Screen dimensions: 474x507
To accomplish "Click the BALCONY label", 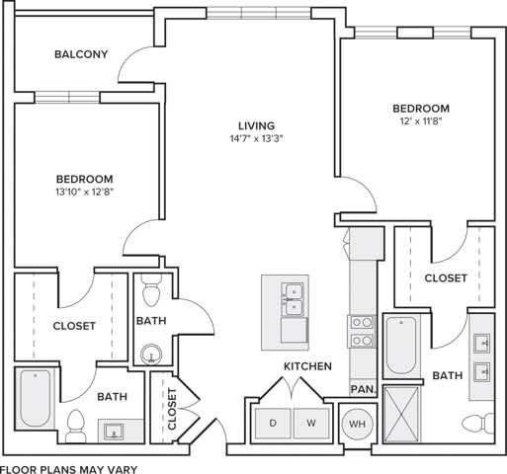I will [81, 55].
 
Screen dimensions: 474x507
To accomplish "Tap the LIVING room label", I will [255, 125].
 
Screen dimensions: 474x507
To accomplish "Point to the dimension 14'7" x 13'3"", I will [255, 139].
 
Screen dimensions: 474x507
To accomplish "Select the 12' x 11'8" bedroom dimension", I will [420, 121].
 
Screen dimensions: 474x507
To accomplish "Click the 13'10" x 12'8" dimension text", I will [84, 192].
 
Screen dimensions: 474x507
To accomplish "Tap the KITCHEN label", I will [307, 366].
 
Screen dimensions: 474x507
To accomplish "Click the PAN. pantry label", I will [363, 390].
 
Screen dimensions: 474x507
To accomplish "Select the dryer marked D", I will [273, 423].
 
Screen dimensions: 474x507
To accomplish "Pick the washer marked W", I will [309, 423].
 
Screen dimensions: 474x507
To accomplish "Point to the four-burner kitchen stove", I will [362, 331].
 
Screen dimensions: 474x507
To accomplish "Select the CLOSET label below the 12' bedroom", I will [446, 278].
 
